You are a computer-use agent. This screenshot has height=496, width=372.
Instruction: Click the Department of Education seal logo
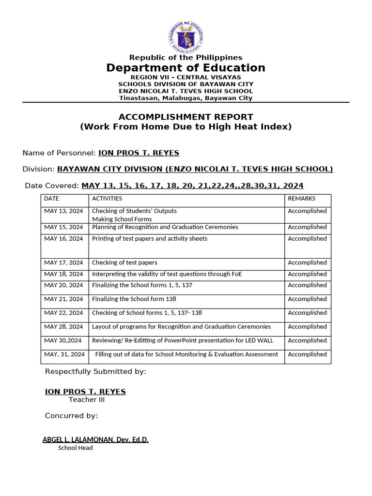click(186, 37)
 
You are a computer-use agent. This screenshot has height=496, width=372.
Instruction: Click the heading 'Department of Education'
click(186, 68)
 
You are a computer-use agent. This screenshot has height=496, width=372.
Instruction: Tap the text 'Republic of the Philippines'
click(186, 58)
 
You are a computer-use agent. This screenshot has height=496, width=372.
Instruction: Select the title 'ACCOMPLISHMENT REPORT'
click(186, 117)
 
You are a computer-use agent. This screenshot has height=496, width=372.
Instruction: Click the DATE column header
click(51, 199)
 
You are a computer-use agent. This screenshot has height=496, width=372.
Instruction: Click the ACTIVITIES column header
click(107, 199)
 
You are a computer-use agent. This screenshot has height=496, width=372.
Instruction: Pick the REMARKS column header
click(301, 199)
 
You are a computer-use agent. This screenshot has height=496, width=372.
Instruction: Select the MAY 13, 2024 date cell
click(63, 211)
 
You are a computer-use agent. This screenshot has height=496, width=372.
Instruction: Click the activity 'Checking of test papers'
click(124, 263)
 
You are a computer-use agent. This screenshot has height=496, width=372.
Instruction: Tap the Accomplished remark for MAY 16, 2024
click(307, 239)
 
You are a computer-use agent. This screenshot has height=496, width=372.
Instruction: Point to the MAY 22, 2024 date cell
click(63, 313)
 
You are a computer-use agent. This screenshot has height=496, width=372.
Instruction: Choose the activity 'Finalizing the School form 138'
click(134, 299)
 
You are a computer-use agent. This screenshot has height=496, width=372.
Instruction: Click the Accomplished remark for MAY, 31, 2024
click(307, 355)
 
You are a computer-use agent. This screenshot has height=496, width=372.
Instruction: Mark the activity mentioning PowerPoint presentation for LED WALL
click(183, 341)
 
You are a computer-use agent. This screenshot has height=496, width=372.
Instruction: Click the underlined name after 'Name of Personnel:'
click(139, 153)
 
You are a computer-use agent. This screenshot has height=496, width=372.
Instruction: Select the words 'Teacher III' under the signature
click(86, 400)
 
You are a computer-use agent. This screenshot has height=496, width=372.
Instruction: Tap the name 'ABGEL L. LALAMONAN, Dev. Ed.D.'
click(95, 440)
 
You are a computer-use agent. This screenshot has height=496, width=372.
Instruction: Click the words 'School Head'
click(75, 448)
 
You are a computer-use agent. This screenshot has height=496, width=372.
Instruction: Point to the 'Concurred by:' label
click(71, 416)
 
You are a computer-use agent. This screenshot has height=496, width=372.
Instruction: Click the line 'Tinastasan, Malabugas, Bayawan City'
click(186, 98)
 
